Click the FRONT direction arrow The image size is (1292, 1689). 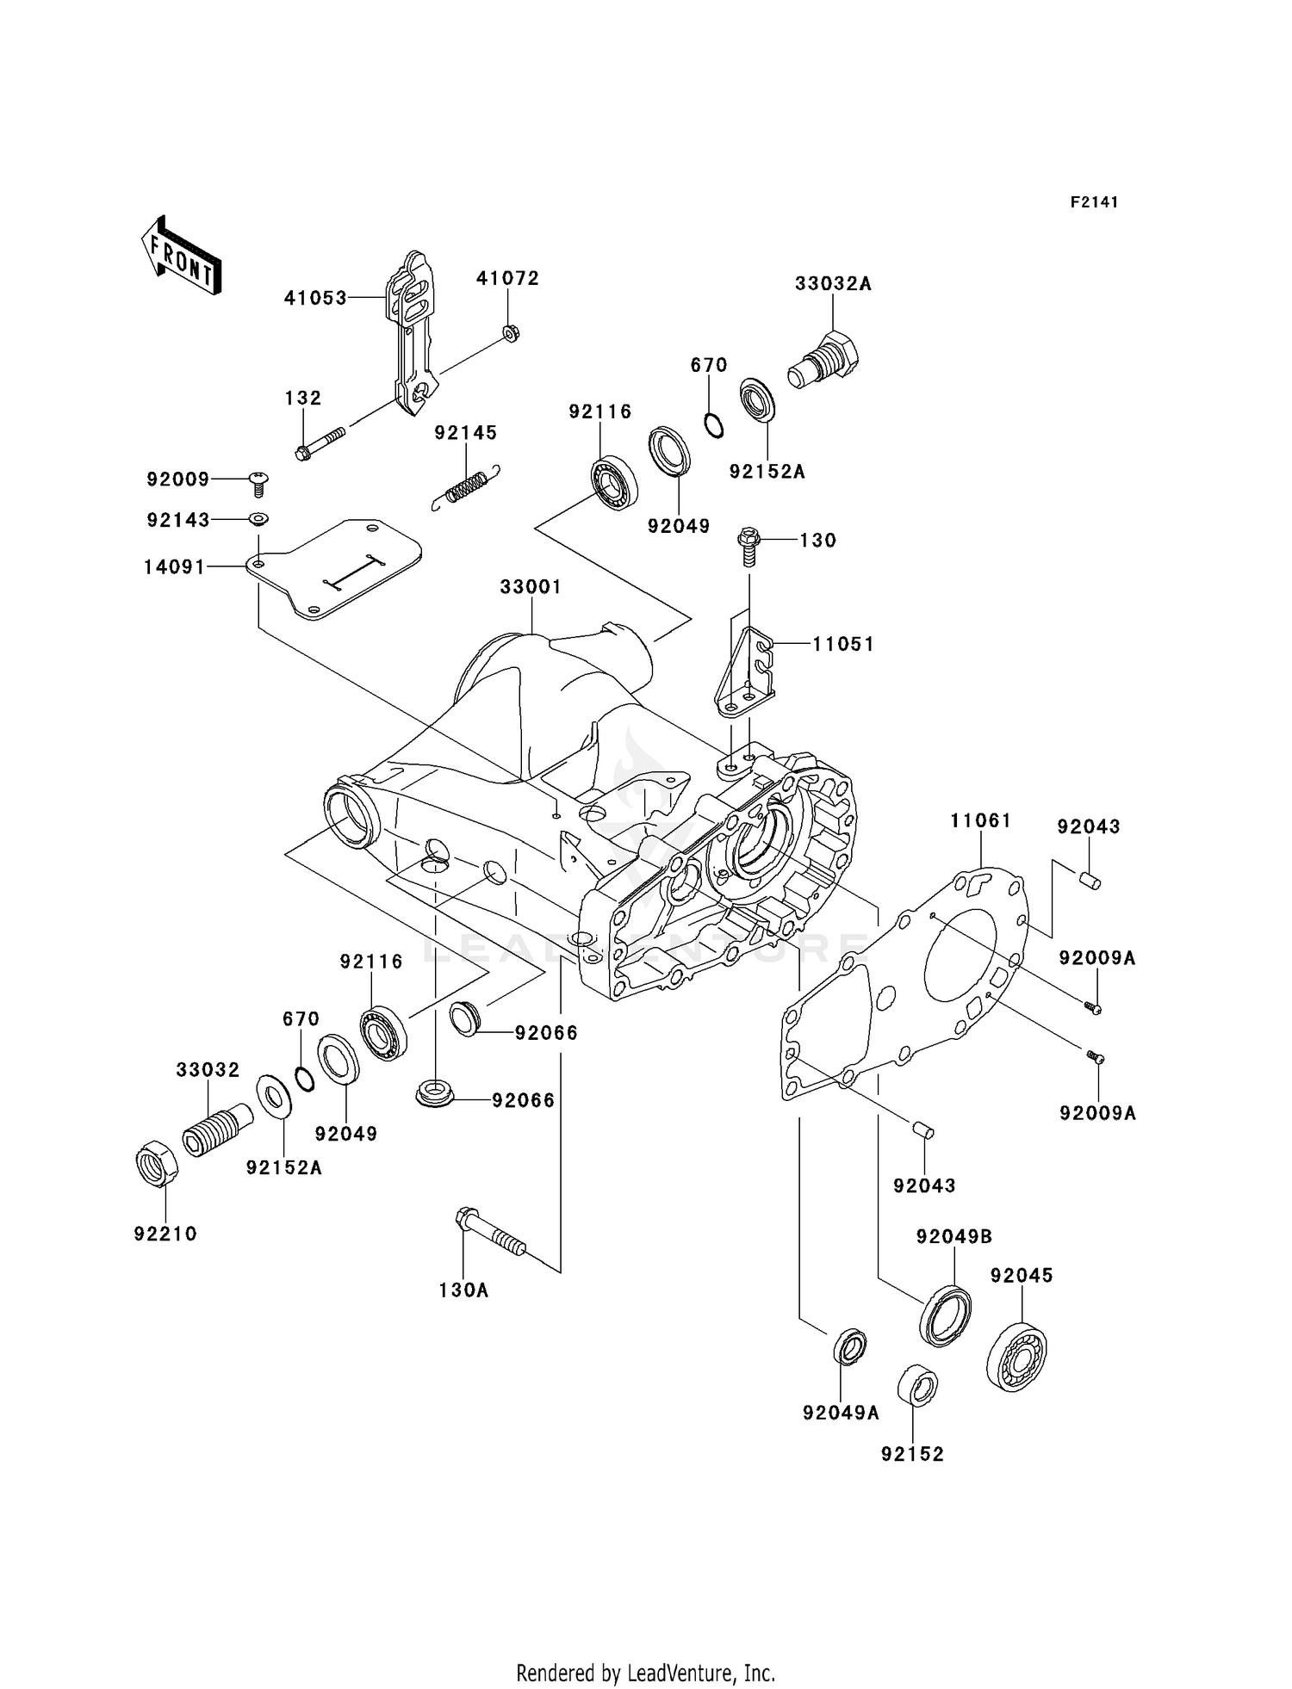click(181, 257)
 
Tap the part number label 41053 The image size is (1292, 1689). click(315, 298)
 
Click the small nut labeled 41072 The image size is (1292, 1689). click(509, 332)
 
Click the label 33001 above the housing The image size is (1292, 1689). click(531, 587)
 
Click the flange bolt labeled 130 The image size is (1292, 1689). click(748, 548)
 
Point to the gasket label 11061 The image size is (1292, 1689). click(980, 821)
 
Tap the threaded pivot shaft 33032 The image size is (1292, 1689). click(216, 1131)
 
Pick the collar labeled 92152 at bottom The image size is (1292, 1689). click(917, 1385)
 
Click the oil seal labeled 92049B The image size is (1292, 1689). click(946, 1315)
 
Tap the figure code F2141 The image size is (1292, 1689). click(1094, 202)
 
